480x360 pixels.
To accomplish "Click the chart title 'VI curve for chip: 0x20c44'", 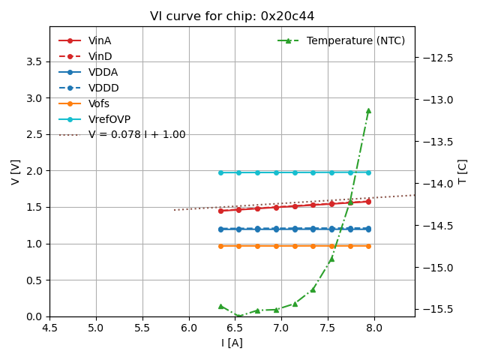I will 232,16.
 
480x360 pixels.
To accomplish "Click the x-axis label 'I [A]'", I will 232,343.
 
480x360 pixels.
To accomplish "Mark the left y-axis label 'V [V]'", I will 16,172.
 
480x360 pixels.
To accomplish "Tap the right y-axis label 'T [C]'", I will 462,172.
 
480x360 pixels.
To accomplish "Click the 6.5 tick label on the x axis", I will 235,327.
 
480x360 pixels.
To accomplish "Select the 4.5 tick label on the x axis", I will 50,327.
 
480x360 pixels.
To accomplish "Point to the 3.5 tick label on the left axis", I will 34,61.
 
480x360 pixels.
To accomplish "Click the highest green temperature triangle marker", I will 368,110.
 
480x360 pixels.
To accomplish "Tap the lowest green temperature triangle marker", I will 238,316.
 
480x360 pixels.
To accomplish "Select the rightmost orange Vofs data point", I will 368,246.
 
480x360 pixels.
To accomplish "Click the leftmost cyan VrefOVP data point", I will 220,172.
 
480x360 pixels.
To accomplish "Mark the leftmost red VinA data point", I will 220,211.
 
